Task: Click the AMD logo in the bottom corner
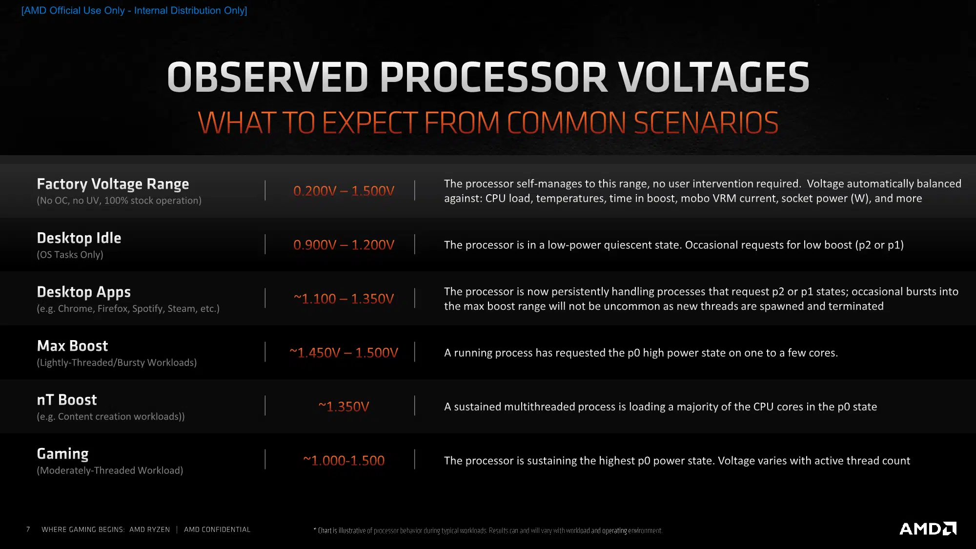(928, 529)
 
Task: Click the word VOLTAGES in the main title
(713, 77)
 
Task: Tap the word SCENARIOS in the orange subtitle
(706, 122)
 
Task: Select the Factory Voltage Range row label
(113, 184)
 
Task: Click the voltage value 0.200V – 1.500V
(344, 191)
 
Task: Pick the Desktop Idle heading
(79, 238)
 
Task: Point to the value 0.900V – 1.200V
(344, 244)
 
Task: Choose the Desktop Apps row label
(84, 292)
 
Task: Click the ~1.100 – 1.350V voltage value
(344, 299)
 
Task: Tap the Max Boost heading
(72, 346)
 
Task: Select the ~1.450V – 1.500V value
(344, 352)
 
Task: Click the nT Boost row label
(67, 400)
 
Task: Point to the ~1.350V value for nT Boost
(344, 407)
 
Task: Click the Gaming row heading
(63, 454)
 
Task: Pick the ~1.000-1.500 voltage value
(344, 460)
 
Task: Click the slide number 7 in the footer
(28, 529)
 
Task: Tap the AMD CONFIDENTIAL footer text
(217, 529)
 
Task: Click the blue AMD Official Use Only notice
(134, 10)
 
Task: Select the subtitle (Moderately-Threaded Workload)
(110, 470)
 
